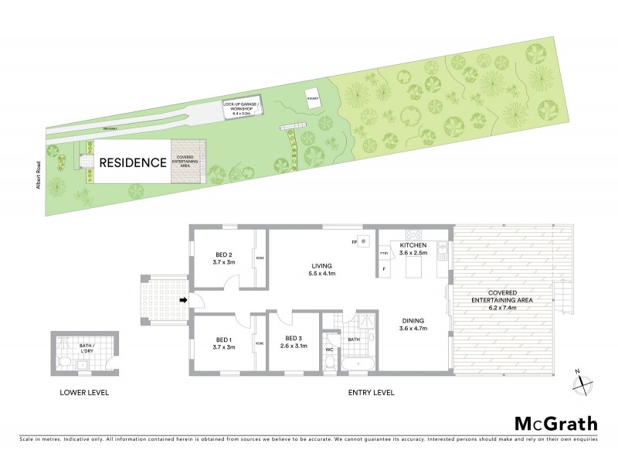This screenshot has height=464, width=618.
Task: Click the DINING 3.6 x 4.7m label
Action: [414, 325]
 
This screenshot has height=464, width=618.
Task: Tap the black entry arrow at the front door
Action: [182, 300]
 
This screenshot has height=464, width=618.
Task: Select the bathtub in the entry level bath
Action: [357, 363]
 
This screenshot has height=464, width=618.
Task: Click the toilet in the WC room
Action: [330, 363]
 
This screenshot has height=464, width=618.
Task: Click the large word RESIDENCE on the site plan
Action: [131, 163]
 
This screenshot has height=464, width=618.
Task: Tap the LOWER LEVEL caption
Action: [84, 393]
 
